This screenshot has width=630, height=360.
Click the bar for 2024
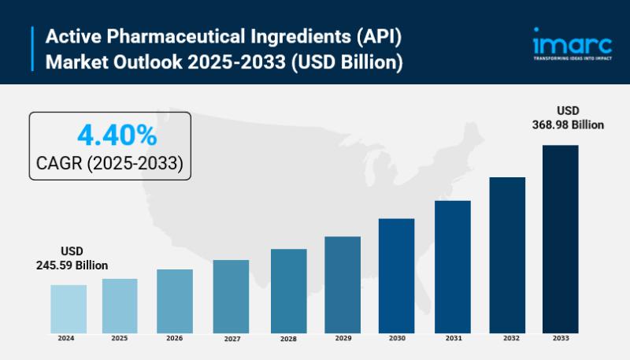pos(69,308)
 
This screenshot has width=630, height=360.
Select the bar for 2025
pos(120,305)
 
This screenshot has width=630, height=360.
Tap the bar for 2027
pos(231,295)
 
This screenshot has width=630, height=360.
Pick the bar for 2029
pos(343,284)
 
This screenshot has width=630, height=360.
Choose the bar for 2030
pos(396,275)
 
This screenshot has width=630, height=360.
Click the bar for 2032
pos(507,254)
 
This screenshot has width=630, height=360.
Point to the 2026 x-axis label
pos(175,338)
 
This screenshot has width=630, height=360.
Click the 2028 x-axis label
pos(287,338)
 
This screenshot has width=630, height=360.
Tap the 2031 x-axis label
pos(454,338)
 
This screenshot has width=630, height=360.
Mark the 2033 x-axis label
pos(560,338)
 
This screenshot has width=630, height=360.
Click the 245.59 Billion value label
pos(72,265)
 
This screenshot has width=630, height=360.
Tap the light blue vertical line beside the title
pos(34,49)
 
